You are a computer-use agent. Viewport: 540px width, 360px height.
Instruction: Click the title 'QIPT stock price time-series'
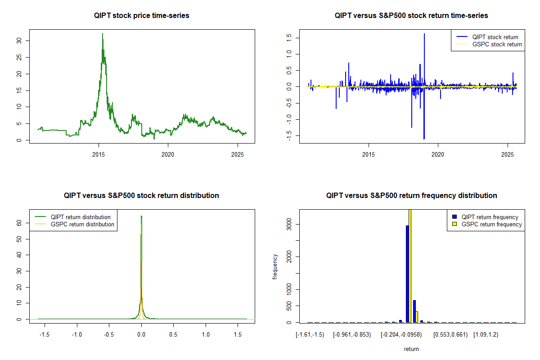tap(142, 16)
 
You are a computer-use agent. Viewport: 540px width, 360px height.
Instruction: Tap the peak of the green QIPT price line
tap(103, 34)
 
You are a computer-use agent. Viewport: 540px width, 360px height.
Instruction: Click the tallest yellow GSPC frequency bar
tap(410, 265)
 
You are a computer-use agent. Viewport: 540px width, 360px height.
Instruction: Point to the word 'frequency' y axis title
tap(275, 267)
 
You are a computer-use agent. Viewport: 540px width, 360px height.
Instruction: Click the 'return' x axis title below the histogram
tap(411, 349)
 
